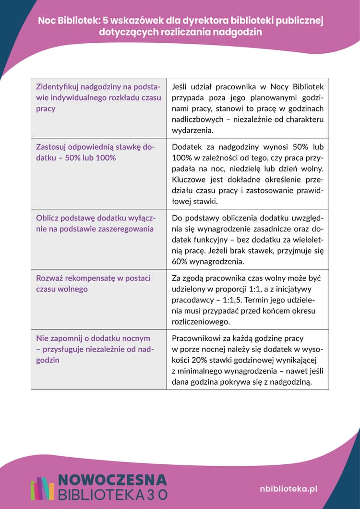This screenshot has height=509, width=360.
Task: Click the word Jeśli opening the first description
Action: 181,87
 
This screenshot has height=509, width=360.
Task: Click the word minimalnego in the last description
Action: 204,371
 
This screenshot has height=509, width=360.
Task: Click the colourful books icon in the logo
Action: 42,488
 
